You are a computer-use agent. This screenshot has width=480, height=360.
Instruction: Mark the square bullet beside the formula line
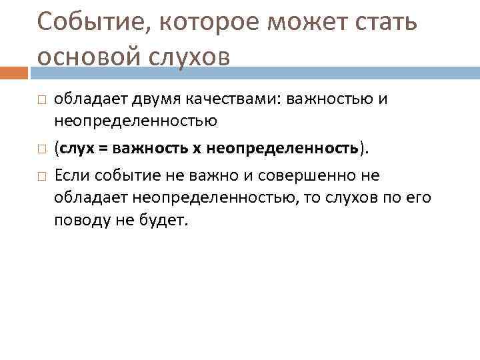pyautogui.click(x=41, y=148)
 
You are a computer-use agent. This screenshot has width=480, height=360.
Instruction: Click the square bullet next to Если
pyautogui.click(x=41, y=175)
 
